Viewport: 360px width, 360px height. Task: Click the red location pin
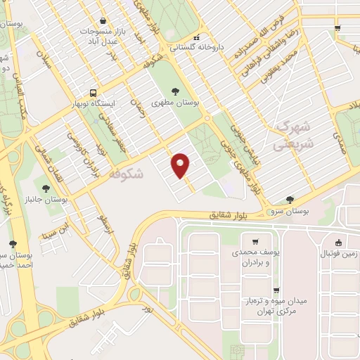click(181, 165)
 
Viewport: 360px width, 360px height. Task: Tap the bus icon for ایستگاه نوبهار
click(93, 93)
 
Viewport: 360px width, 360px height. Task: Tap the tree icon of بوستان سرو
click(289, 200)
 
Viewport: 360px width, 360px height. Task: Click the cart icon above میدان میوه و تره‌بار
click(277, 289)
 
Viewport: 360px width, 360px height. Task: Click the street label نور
click(147, 309)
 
